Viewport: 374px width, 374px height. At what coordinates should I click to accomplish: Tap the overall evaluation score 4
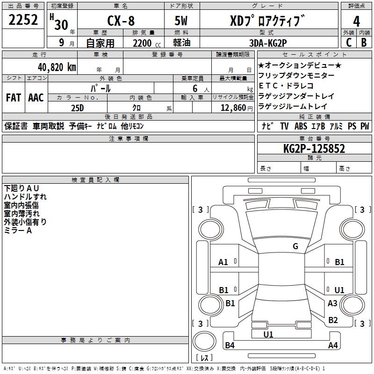pos(357,21)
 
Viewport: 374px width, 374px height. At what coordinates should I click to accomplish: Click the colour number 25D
pos(77,107)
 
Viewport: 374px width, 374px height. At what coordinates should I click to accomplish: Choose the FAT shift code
pos(13,98)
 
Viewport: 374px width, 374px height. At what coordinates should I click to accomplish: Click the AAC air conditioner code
pos(36,98)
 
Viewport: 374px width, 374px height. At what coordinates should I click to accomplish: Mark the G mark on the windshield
pos(295,246)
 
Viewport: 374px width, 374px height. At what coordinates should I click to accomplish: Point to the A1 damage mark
pos(223,262)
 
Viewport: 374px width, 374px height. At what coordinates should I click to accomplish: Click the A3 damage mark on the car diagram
pos(332,303)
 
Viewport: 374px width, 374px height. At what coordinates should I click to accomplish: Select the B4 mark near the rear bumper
pos(230,345)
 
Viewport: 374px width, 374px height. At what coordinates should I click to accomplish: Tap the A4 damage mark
pos(333,345)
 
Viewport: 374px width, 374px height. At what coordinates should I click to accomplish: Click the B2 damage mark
pos(333,320)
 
